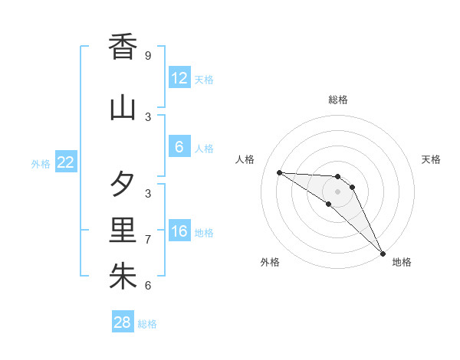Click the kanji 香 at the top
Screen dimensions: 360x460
[x=123, y=47]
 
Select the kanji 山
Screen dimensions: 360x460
[x=123, y=108]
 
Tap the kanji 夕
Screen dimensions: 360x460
[x=123, y=185]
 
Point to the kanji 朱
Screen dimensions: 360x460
[x=123, y=277]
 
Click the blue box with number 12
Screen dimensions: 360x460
[x=179, y=78]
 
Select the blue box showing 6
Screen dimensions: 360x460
[x=179, y=147]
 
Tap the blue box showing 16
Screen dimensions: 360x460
[x=179, y=231]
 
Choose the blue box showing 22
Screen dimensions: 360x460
[x=66, y=162]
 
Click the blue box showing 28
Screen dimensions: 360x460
[x=123, y=322]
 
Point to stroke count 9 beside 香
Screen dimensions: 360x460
[x=147, y=56]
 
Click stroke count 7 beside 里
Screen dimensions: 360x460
[x=147, y=240]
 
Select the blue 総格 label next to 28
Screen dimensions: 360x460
[x=147, y=324]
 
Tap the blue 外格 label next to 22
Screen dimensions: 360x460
[x=41, y=163]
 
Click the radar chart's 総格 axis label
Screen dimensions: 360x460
[x=338, y=100]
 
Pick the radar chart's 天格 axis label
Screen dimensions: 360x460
[x=432, y=159]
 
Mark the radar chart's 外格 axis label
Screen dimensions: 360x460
[x=270, y=262]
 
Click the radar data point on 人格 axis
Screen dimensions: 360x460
[x=280, y=172]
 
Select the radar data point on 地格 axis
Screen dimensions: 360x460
[x=383, y=253]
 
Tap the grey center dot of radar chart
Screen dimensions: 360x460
[x=338, y=191]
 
